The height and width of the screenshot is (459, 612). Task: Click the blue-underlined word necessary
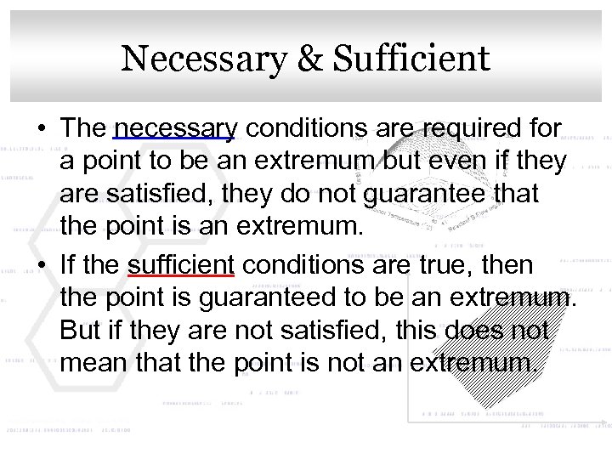(x=174, y=130)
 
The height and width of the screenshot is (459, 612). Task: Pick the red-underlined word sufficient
(x=180, y=266)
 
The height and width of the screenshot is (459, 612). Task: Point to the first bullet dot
(x=41, y=130)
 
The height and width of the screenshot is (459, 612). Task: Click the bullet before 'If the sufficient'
(x=41, y=266)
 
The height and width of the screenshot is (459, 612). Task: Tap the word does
(x=475, y=331)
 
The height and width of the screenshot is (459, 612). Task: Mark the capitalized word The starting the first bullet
(x=83, y=130)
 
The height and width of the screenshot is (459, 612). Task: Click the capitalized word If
(x=70, y=266)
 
